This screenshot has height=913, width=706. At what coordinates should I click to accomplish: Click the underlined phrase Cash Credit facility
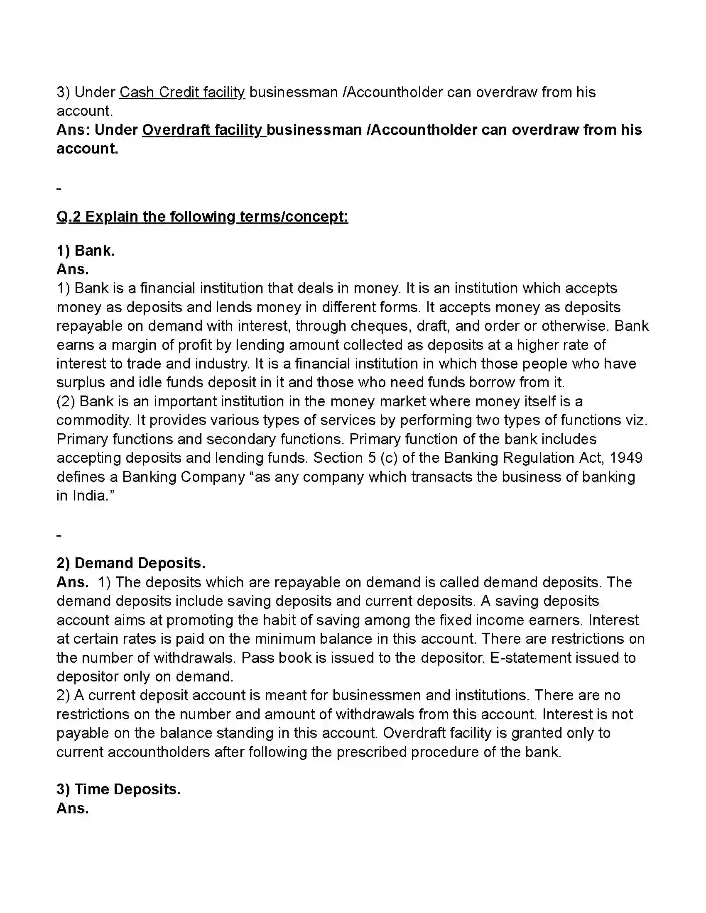182,93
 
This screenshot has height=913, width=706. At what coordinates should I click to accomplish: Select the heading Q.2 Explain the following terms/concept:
202,217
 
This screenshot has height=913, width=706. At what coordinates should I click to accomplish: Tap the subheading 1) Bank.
86,250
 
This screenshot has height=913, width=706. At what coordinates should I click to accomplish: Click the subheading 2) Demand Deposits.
131,563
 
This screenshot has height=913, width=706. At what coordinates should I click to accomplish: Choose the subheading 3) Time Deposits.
118,789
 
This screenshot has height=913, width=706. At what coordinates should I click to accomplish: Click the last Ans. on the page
73,808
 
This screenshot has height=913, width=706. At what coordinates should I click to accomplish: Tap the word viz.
636,420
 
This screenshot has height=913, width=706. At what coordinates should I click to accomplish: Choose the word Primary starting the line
82,439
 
